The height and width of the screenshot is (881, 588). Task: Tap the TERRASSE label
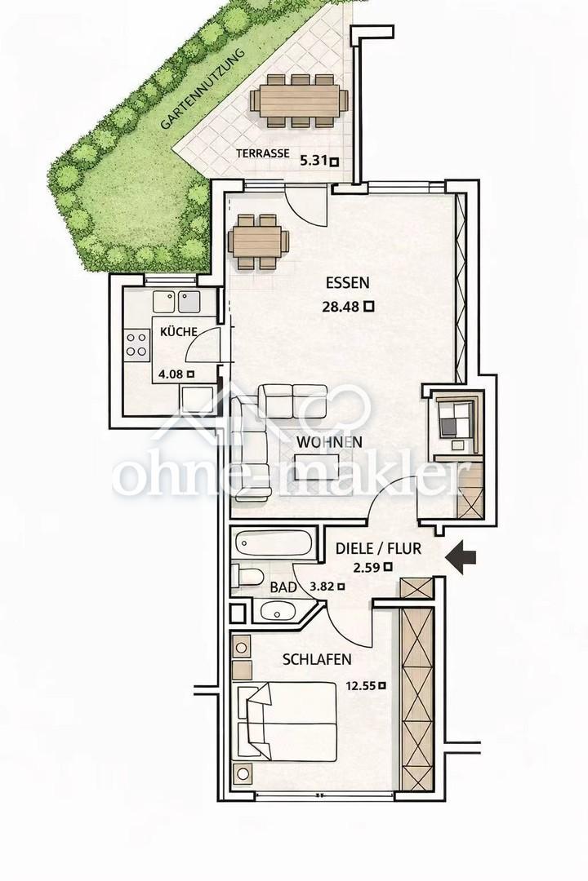[x=263, y=153]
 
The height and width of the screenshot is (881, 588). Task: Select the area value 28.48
[x=341, y=307]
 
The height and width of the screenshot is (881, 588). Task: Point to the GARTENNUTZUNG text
[x=203, y=90]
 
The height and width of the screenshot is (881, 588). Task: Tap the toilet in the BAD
[x=248, y=577]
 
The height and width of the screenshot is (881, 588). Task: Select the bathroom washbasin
[x=278, y=611]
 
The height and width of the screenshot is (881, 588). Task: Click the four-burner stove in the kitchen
[x=137, y=344]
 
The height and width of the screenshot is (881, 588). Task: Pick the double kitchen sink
[x=176, y=302]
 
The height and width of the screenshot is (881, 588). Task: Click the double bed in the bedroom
[x=287, y=722]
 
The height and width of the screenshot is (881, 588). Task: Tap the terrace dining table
[x=299, y=100]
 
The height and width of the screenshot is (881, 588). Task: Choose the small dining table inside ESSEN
[x=258, y=241]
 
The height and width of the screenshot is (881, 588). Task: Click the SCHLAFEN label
[x=317, y=659]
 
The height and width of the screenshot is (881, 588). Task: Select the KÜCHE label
[x=179, y=331]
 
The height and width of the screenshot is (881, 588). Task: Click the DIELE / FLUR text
[x=378, y=548]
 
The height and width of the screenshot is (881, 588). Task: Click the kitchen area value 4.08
[x=171, y=374]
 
